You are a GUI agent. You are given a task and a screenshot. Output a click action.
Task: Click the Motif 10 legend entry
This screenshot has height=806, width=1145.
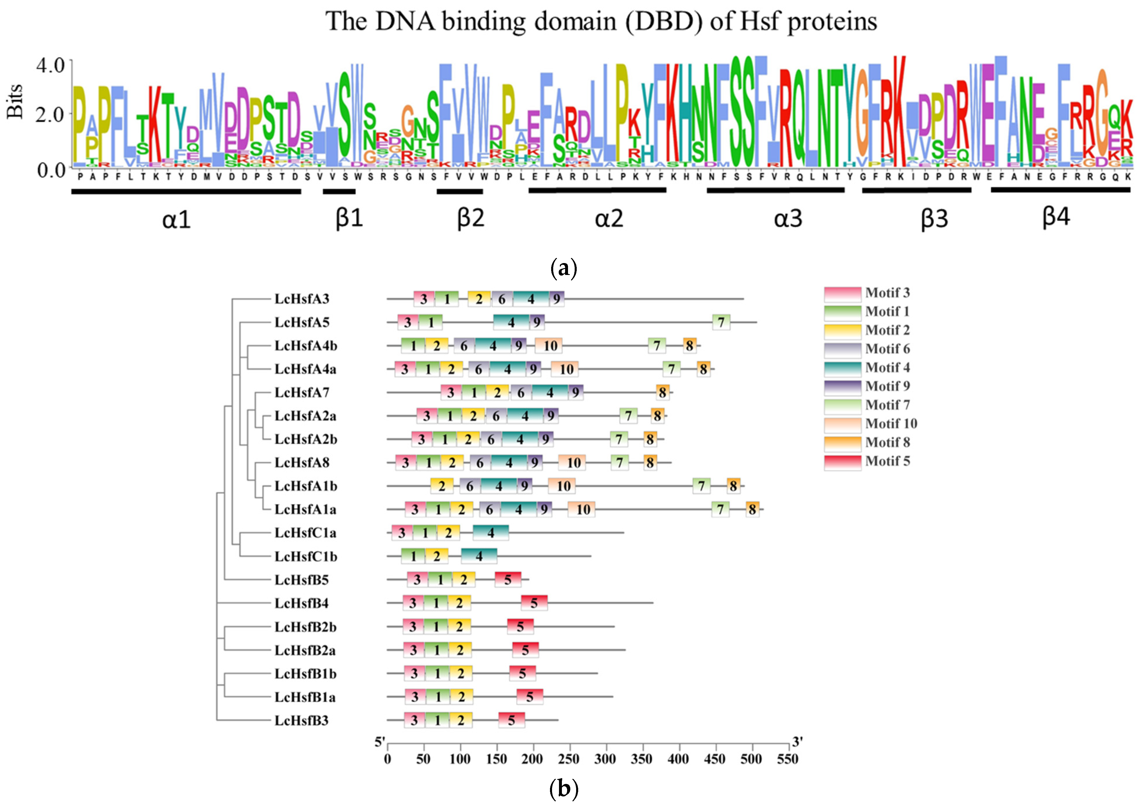point(891,423)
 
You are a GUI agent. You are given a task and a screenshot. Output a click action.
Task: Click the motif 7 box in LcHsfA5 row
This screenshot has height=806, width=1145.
point(721,322)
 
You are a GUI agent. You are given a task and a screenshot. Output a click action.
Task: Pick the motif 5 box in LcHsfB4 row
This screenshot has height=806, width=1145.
point(534,603)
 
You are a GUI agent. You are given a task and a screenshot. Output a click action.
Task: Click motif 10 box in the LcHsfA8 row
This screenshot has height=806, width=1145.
point(572,462)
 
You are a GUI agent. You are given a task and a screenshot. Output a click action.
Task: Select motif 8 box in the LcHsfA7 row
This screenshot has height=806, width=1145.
point(662,393)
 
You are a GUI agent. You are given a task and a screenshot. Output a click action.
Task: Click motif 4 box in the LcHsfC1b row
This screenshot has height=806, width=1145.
point(479,556)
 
